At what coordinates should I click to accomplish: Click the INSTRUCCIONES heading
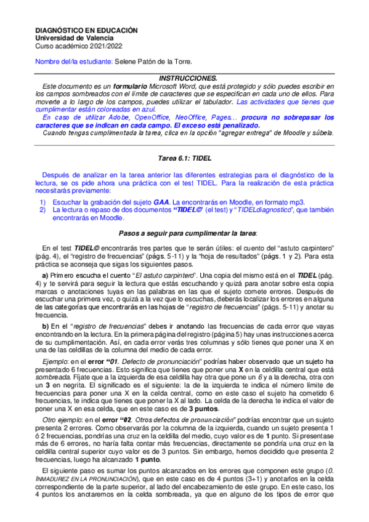point(188,78)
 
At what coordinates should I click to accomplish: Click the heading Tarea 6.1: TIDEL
point(185,158)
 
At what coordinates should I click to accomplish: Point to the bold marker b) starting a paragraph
point(45,325)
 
